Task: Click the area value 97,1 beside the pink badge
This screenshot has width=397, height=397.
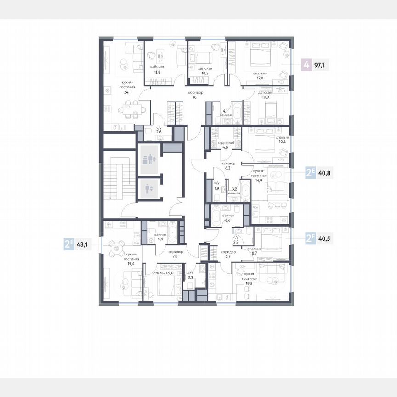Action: click(x=319, y=65)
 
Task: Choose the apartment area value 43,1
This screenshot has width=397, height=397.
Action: click(x=84, y=244)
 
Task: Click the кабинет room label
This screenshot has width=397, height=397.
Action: click(x=157, y=67)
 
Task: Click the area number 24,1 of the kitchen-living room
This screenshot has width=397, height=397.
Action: click(x=127, y=92)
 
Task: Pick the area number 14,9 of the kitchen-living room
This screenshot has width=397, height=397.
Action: click(x=257, y=181)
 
